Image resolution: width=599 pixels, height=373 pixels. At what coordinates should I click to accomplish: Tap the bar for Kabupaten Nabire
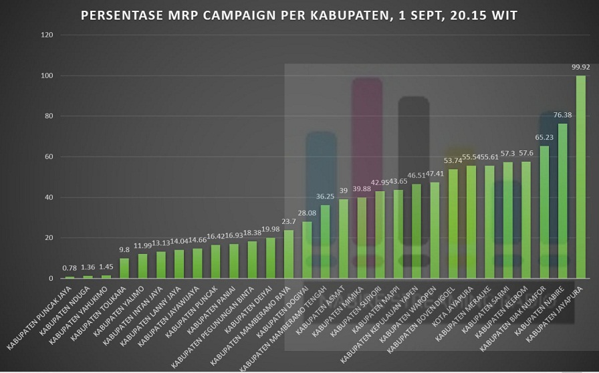tap(562, 201)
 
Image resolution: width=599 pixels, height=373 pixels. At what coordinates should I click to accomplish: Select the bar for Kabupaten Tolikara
tap(124, 268)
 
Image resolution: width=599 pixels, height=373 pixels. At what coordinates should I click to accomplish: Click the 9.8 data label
tap(124, 251)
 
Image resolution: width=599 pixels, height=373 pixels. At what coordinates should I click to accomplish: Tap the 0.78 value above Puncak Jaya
tap(70, 269)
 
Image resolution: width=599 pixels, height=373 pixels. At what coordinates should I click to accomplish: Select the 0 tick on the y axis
tap(52, 279)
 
